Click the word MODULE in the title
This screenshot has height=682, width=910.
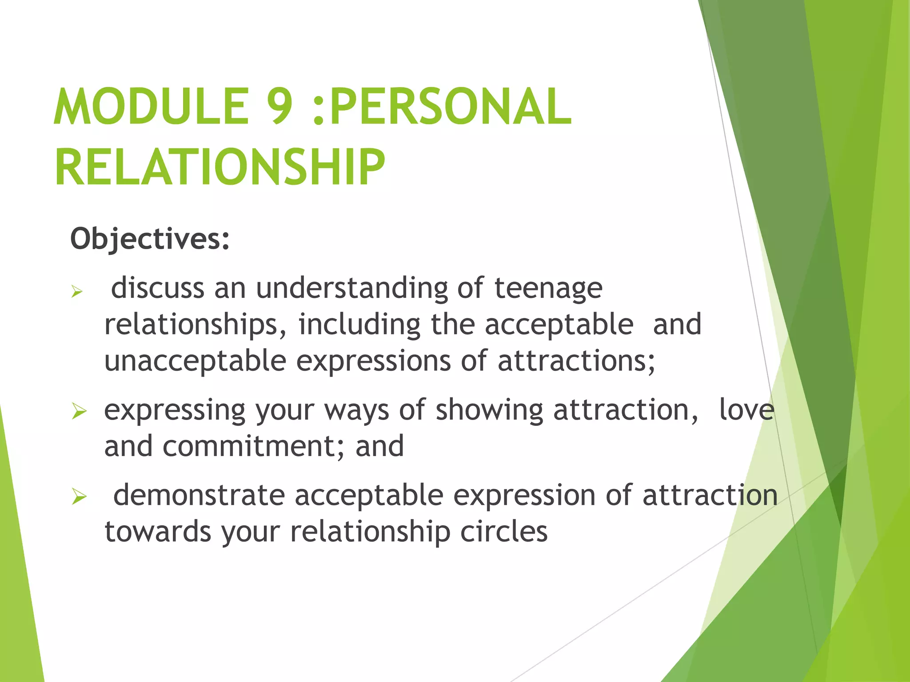[151, 107]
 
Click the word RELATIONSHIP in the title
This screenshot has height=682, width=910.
[220, 168]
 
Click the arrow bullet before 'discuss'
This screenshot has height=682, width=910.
[77, 292]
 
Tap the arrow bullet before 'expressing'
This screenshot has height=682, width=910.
[79, 412]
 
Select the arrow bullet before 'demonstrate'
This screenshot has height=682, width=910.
[79, 497]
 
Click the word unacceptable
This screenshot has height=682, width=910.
[195, 361]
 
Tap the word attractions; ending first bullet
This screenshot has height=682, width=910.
[576, 361]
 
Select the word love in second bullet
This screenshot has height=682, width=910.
[746, 410]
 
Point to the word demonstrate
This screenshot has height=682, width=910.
[199, 496]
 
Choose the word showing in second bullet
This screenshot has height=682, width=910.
[489, 410]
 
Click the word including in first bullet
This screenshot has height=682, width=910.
[359, 325]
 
